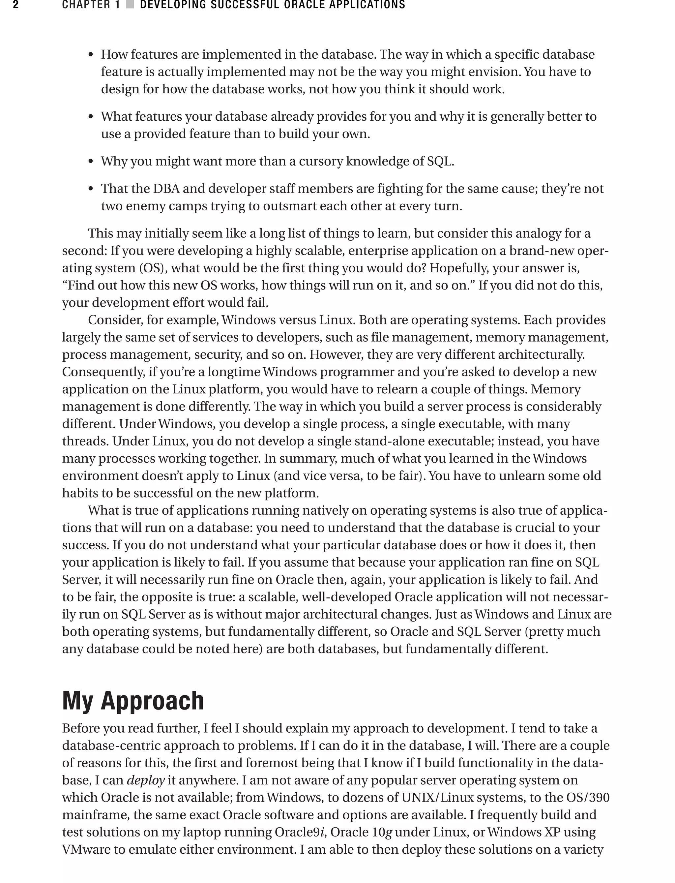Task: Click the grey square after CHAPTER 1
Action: click(130, 5)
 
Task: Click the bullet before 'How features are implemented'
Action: click(91, 55)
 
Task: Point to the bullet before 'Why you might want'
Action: click(91, 162)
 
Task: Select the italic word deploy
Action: click(145, 780)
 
